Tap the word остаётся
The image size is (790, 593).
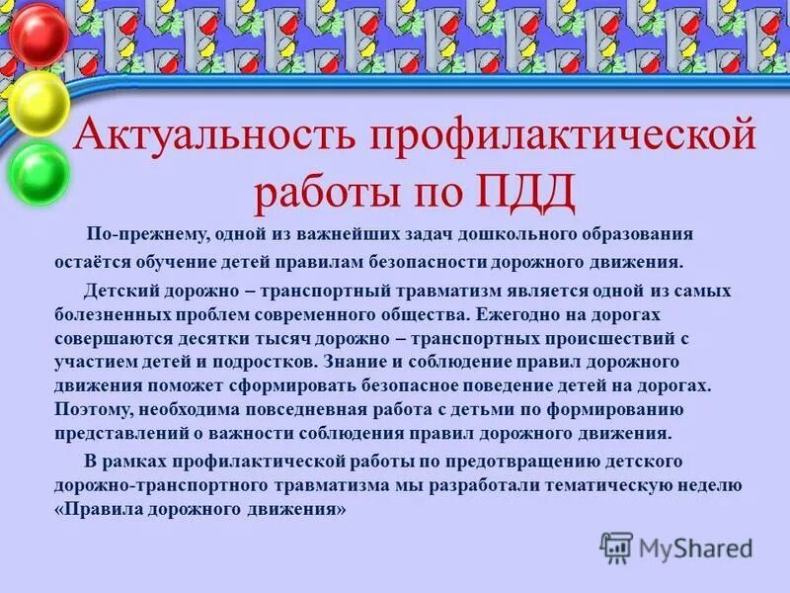tap(95, 264)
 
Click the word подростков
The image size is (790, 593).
tap(252, 362)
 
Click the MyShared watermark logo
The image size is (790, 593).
tap(675, 547)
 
